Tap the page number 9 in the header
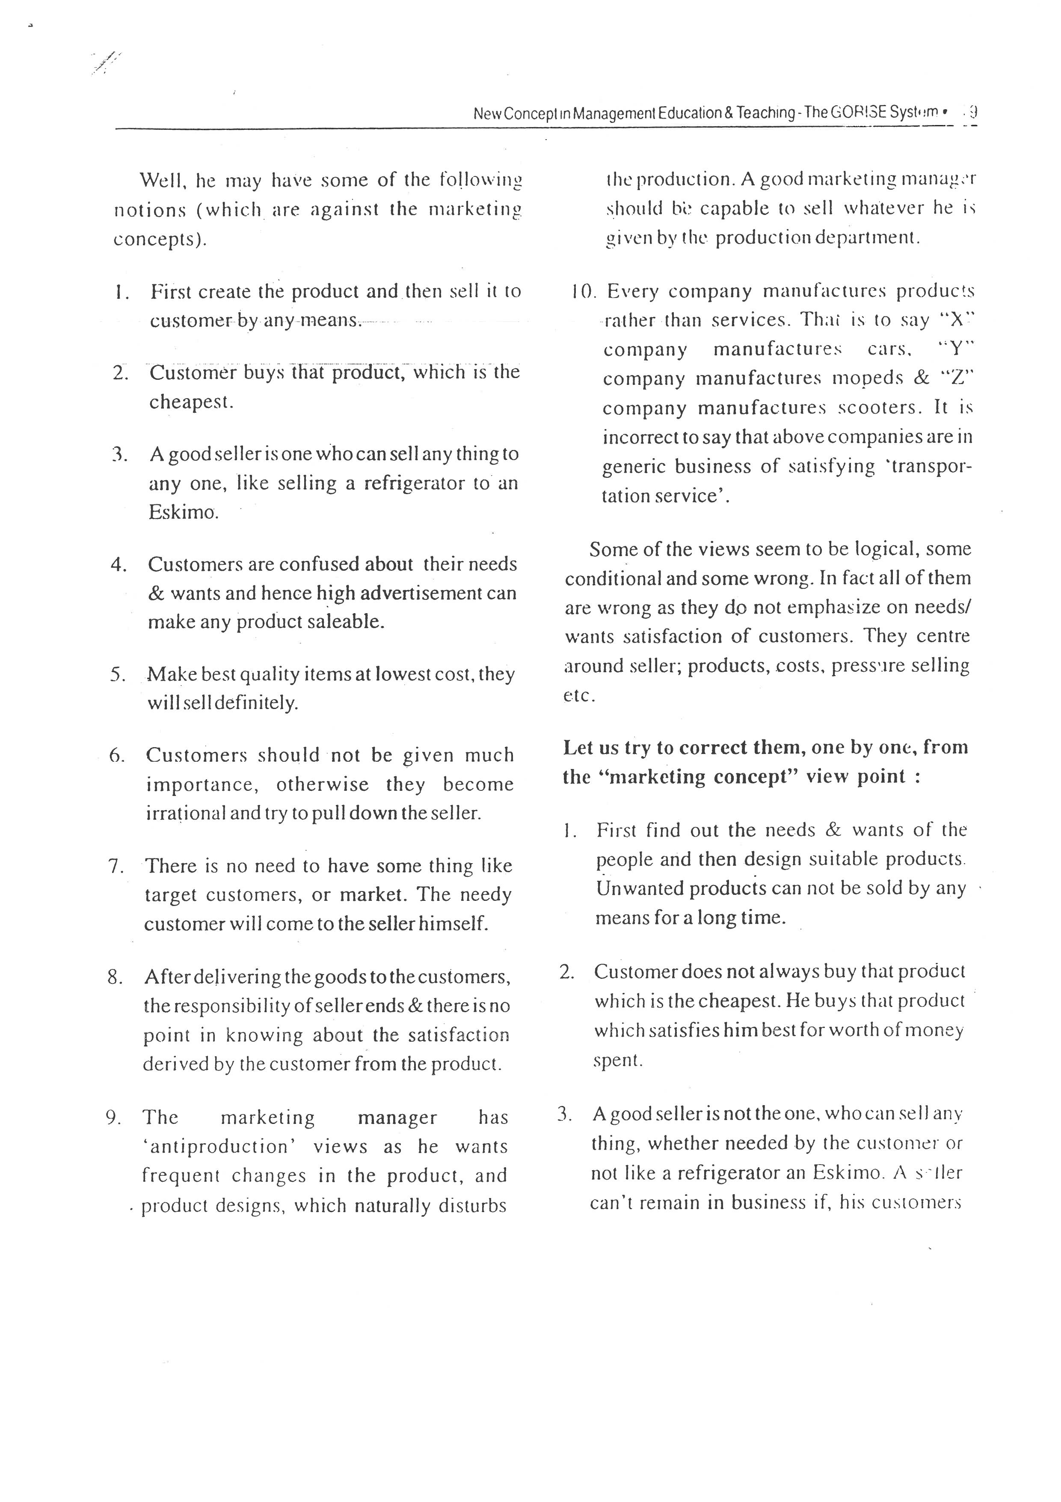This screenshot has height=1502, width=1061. pos(973,112)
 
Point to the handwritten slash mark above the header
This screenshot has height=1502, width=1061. pos(106,63)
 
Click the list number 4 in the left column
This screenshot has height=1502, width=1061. pos(119,564)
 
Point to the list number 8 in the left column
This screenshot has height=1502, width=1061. pos(116,977)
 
